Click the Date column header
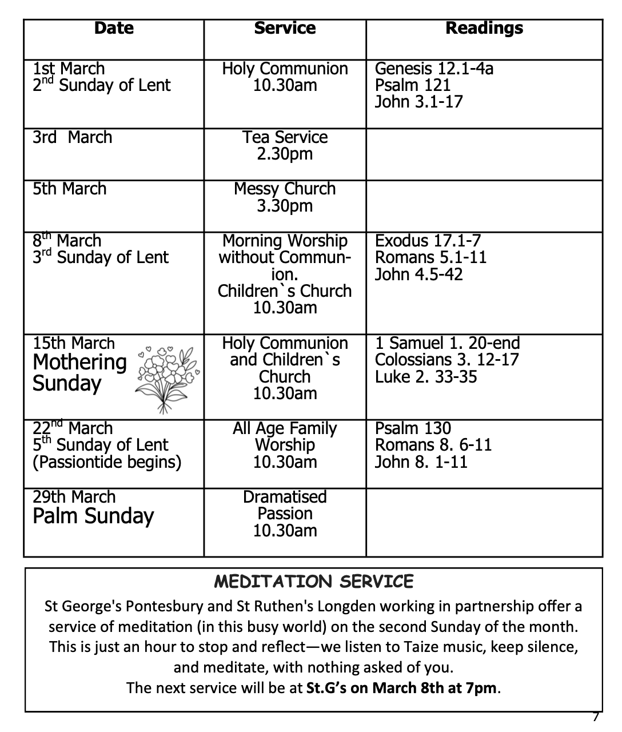click(x=114, y=28)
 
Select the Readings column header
click(x=484, y=28)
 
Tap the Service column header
click(x=285, y=28)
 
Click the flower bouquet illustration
click(x=168, y=378)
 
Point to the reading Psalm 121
click(x=413, y=85)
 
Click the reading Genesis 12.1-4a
click(x=434, y=69)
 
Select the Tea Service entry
click(x=285, y=138)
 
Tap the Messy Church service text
click(x=285, y=189)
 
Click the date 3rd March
click(x=72, y=138)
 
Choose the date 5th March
click(x=69, y=189)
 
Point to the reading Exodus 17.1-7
click(x=428, y=241)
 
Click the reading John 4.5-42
click(x=418, y=274)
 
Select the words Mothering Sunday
click(x=79, y=372)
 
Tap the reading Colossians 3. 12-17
click(x=446, y=360)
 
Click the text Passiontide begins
click(x=107, y=462)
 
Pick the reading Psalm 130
click(x=413, y=428)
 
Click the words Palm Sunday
click(x=93, y=516)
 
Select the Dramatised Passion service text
click(x=285, y=505)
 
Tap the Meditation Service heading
click(x=313, y=582)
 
